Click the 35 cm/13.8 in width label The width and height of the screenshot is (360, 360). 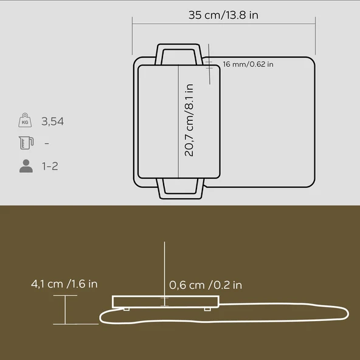223,15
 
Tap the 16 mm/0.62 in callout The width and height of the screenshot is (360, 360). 248,64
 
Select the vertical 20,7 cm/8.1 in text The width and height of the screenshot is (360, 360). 189,120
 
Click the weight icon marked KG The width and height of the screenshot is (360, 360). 25,121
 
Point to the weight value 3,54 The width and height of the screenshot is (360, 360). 52,122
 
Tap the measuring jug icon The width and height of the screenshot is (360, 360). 25,144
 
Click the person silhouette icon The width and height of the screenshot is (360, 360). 26,166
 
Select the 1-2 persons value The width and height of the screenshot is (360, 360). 50,166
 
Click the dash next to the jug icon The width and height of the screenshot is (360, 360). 46,144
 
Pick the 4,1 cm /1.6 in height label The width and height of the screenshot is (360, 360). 64,284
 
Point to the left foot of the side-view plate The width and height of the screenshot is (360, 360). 126,309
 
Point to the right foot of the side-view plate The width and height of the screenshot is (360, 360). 207,309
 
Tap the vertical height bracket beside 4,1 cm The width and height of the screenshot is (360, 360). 66,310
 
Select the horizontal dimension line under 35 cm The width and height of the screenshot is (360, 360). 224,26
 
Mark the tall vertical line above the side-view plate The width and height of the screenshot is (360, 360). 164,268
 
